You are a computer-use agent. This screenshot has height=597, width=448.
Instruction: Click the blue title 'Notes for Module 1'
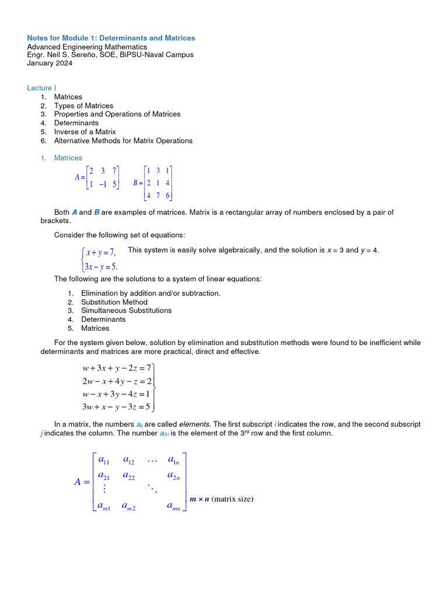pos(111,38)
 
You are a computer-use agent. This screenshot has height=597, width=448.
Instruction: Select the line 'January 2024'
pos(50,64)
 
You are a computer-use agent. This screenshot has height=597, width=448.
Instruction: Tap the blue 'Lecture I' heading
pos(41,88)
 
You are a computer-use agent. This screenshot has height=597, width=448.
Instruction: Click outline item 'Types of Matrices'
pos(83,106)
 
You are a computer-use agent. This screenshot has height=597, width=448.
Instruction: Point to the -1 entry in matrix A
pos(102,184)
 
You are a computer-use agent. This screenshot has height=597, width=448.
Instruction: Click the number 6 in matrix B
pos(167,196)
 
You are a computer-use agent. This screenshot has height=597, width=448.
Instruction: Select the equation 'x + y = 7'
pos(101,252)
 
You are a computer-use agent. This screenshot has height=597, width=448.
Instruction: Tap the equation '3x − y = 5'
pos(101,267)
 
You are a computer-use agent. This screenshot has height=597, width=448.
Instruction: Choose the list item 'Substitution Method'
pos(114,302)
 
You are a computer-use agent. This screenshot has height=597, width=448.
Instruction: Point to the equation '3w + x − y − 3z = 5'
pos(117,406)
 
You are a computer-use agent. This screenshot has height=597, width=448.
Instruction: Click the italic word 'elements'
pos(191,424)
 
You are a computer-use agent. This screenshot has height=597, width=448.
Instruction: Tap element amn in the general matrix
pos(173,507)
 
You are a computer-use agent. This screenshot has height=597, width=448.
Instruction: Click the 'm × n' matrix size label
pos(199,499)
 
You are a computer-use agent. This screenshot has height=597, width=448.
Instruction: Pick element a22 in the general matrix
pos(128,476)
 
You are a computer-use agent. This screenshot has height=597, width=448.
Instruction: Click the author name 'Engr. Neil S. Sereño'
pos(64,55)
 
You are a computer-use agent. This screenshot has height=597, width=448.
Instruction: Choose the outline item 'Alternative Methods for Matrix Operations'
pos(123,141)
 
